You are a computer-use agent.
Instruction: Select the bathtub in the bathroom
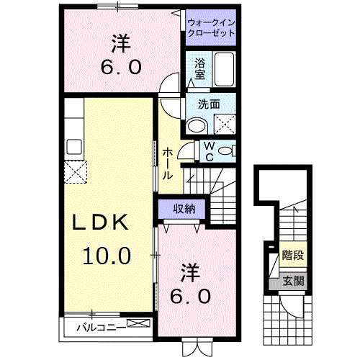[225, 69]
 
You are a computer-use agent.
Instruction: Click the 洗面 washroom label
[209, 104]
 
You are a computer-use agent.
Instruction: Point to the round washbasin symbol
[195, 127]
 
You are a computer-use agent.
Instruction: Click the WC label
[206, 151]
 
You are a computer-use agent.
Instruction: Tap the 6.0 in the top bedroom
[121, 68]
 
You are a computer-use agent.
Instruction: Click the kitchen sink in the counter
[74, 146]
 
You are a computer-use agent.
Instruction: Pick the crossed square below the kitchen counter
[75, 174]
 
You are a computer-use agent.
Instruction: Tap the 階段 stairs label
[292, 254]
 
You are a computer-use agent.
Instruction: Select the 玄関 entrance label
[292, 281]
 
